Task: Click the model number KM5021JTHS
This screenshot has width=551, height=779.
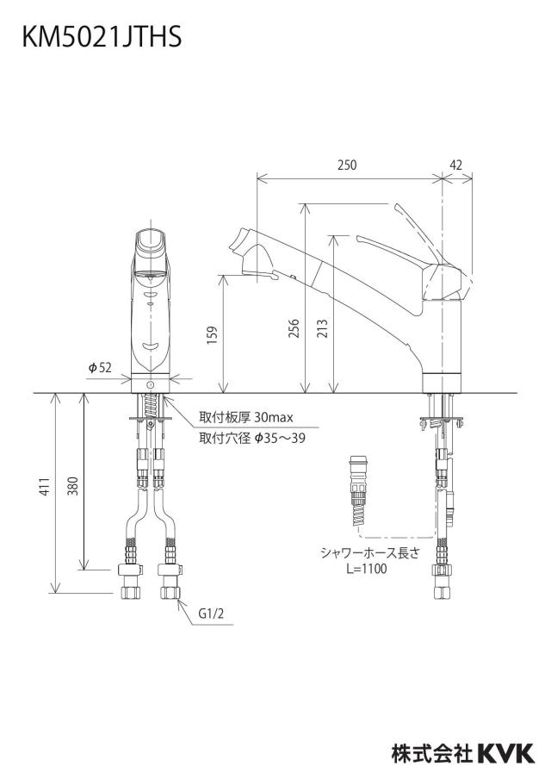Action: click(x=102, y=37)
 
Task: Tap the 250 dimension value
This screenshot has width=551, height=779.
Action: click(x=347, y=165)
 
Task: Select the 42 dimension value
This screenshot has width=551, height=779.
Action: click(x=455, y=165)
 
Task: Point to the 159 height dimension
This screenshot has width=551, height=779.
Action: click(x=212, y=336)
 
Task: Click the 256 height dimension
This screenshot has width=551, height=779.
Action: click(x=294, y=329)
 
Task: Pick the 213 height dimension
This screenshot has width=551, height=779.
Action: click(x=322, y=329)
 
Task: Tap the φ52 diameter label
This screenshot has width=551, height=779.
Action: click(x=100, y=368)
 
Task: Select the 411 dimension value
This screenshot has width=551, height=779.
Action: click(x=45, y=487)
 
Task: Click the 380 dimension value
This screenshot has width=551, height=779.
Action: click(x=73, y=487)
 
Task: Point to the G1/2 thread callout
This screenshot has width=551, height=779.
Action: click(x=212, y=614)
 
